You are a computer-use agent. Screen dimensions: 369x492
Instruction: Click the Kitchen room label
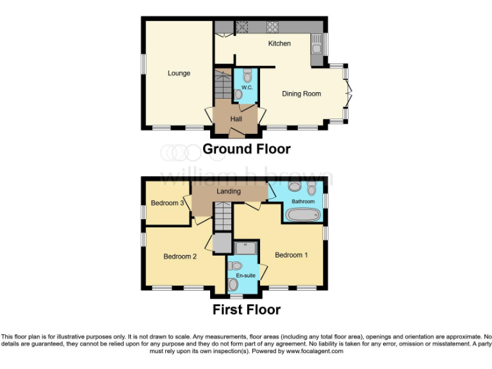279,44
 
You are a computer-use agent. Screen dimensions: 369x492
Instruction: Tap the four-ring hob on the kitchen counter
272,27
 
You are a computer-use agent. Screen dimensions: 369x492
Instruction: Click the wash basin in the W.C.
239,94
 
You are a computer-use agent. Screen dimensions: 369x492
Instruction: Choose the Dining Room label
301,94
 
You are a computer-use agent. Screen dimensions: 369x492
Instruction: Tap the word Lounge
179,73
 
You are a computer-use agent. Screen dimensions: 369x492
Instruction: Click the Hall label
236,119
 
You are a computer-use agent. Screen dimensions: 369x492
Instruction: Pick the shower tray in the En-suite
246,247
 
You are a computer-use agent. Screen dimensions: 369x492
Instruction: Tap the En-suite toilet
236,265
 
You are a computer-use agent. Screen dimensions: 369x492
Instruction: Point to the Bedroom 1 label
291,255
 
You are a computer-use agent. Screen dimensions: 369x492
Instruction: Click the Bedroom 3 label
168,203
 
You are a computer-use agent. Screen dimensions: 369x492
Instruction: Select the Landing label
229,191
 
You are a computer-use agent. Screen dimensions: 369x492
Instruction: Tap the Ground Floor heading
247,149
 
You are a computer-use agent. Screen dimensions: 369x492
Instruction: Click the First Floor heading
247,310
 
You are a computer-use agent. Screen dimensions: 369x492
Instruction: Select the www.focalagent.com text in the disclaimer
314,351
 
